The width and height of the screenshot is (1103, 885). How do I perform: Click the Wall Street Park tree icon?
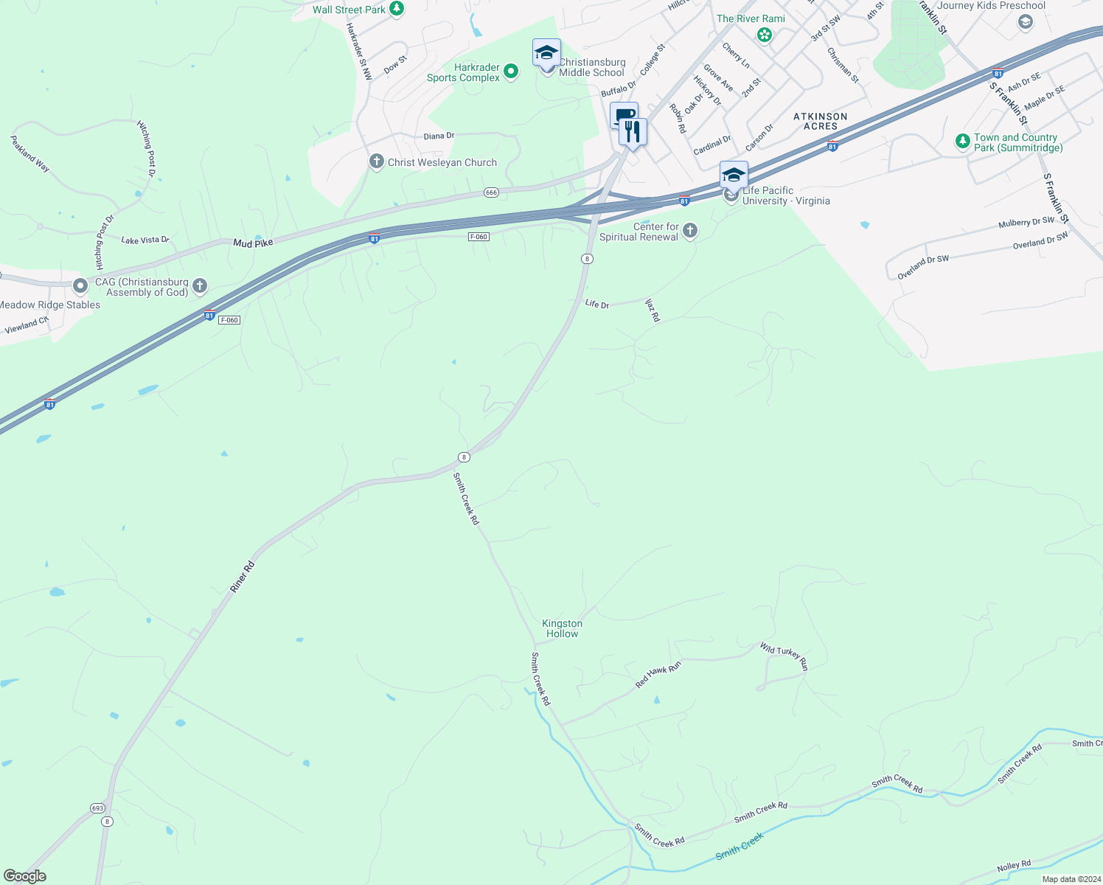pos(397,9)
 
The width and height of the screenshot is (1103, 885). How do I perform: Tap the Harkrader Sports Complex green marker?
pos(511,72)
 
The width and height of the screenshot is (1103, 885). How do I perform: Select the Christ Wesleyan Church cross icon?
pos(377,162)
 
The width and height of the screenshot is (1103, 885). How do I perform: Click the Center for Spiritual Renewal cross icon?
pos(690,231)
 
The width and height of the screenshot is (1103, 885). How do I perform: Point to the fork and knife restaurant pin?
pos(632,132)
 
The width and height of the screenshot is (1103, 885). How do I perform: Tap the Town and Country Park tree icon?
pos(962,141)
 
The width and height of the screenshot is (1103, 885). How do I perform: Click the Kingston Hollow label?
pos(562,628)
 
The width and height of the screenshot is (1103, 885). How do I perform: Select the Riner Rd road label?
pos(242,577)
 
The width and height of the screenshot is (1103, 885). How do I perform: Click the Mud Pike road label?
pos(253,243)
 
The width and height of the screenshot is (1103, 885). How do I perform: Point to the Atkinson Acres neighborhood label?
pos(820,121)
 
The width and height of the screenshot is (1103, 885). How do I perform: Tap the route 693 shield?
pos(98,808)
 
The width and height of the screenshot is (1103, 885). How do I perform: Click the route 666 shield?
pos(492,192)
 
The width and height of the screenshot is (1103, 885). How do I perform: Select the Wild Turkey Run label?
pos(784,656)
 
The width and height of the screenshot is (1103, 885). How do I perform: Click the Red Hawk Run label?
pos(658,675)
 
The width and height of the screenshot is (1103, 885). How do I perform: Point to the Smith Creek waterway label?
pos(740,846)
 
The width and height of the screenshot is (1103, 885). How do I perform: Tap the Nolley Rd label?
pos(1014,865)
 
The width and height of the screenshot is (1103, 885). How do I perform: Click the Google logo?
pos(25,876)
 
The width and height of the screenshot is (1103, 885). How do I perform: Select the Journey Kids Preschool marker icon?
pos(1025,21)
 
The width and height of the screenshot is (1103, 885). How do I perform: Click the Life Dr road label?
pos(596,303)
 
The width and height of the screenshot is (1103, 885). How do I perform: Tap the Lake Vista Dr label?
pos(145,240)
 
